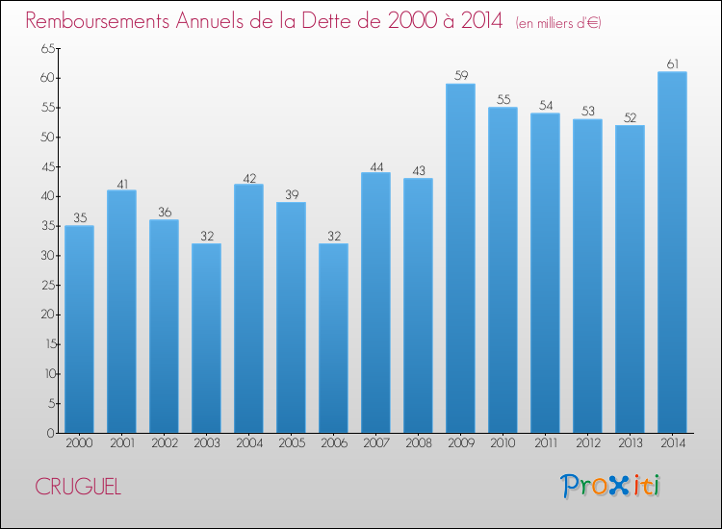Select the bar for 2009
click(461, 258)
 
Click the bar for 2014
click(672, 252)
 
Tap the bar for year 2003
click(207, 339)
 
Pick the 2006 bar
click(334, 339)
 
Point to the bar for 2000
click(80, 329)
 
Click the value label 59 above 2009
click(461, 75)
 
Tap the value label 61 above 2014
click(672, 63)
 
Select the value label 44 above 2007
click(376, 167)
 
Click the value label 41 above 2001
click(122, 185)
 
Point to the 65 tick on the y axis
click(48, 48)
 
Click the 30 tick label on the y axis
click(48, 255)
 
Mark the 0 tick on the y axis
click(51, 433)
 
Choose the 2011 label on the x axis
click(546, 443)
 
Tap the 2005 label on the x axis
click(292, 443)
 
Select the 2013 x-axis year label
click(631, 443)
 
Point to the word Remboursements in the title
click(97, 21)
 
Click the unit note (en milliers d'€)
click(558, 23)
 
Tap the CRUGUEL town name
click(78, 487)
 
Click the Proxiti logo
click(610, 486)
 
